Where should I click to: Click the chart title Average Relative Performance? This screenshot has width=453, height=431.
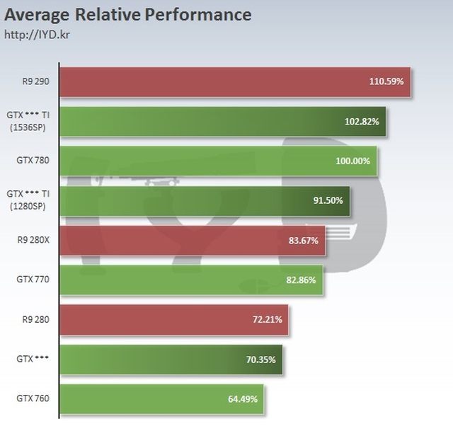pos(128,13)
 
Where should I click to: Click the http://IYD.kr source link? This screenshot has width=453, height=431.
pos(33,33)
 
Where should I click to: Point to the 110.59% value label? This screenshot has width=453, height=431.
pos(386,81)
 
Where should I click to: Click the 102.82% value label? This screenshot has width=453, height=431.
pos(362,121)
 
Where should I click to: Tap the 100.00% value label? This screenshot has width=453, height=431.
pos(352,161)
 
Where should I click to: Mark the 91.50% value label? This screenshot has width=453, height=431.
pos(328,200)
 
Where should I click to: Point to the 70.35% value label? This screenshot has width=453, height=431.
pos(260,360)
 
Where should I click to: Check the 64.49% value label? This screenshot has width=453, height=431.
pos(242,399)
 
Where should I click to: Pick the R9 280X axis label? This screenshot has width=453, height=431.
pos(34,241)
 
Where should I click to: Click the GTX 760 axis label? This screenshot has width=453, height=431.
pos(33,399)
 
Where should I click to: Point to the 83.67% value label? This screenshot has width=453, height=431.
pos(304,241)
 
